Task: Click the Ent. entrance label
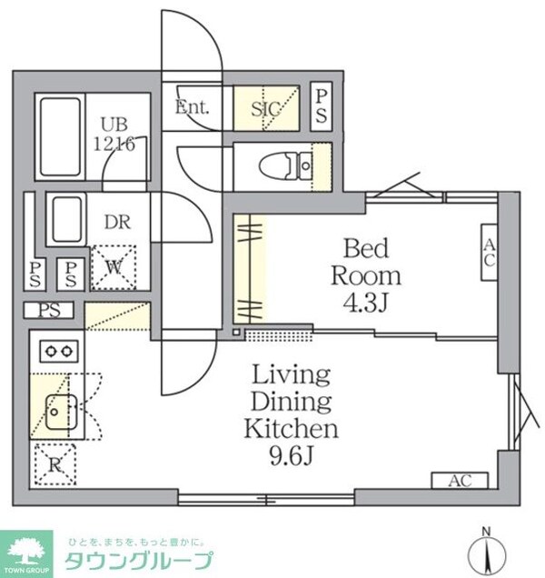[192, 107]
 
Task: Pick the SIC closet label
[266, 108]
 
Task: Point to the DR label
[116, 221]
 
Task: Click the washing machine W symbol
[114, 266]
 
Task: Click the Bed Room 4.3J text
[365, 274]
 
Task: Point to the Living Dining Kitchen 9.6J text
[291, 414]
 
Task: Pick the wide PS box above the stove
[54, 310]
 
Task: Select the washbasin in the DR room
[65, 219]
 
